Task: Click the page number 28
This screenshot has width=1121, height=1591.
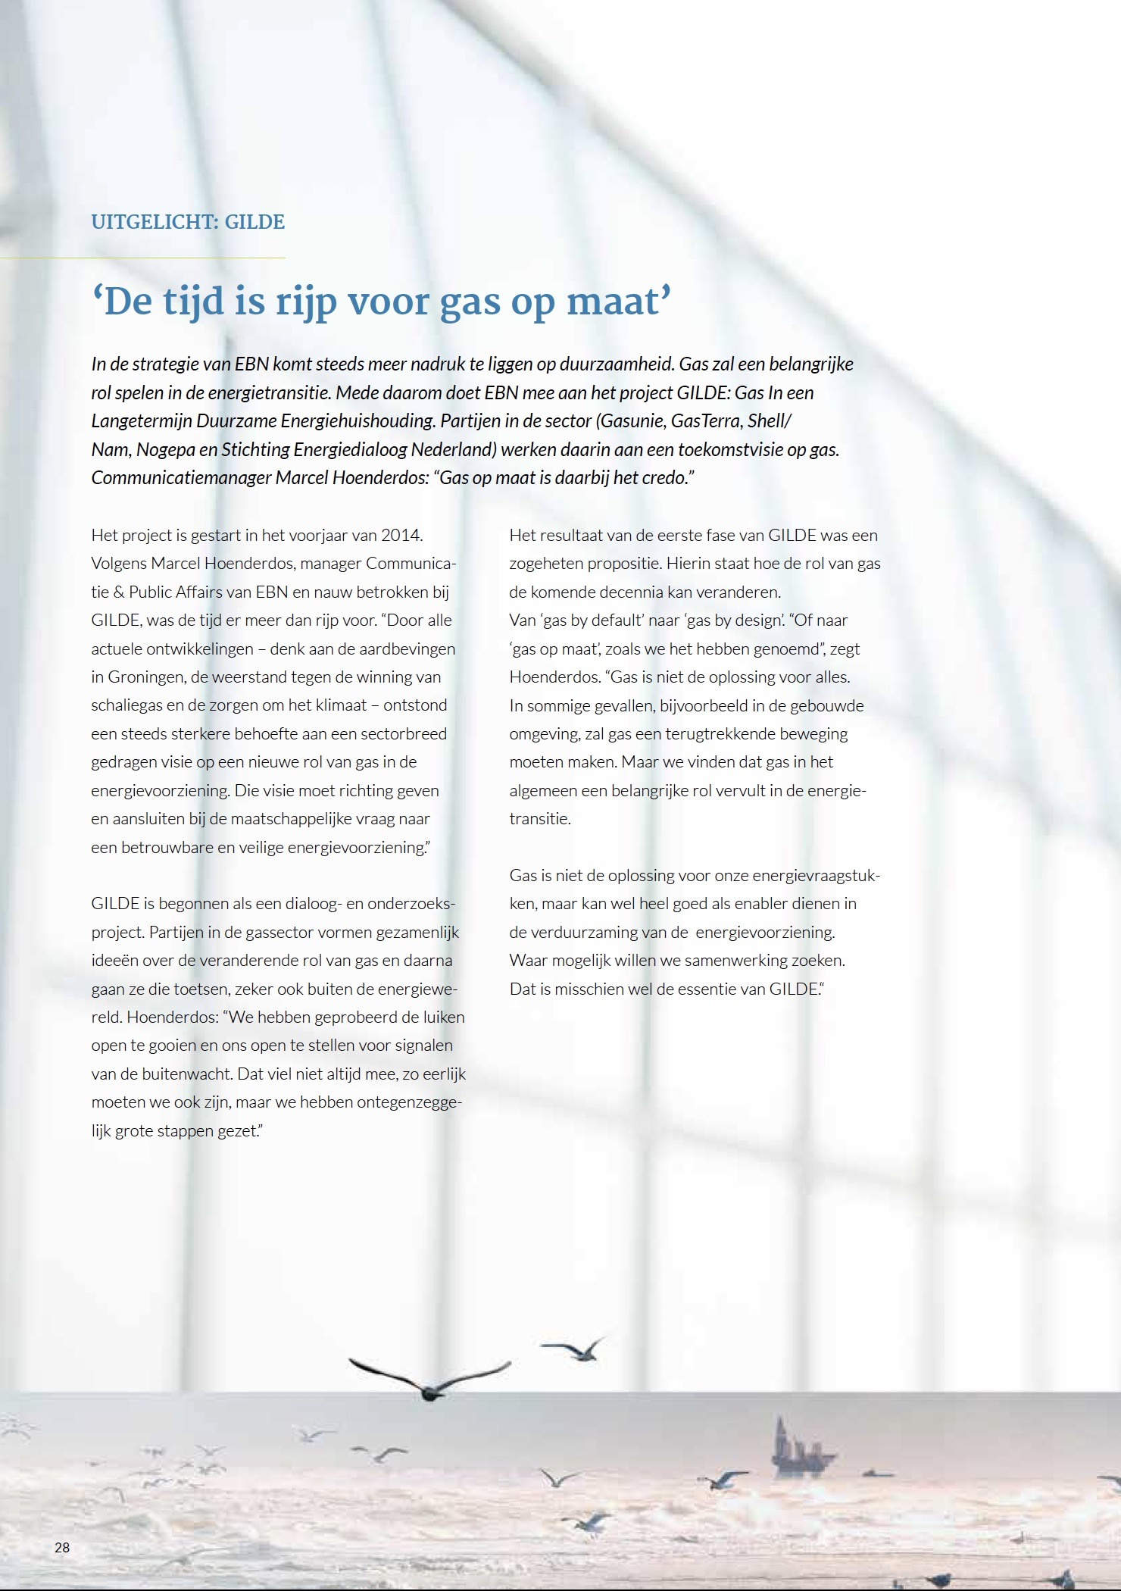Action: click(x=62, y=1547)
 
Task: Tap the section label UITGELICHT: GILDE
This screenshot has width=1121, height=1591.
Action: click(x=188, y=222)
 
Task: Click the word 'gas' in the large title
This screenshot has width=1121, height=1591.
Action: click(x=470, y=302)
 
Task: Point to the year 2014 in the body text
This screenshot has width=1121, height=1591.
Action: click(x=401, y=535)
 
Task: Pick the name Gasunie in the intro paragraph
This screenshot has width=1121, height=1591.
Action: click(x=629, y=421)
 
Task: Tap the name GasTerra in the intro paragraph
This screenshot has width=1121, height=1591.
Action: click(x=704, y=421)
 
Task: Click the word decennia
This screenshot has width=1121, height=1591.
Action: click(x=625, y=592)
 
